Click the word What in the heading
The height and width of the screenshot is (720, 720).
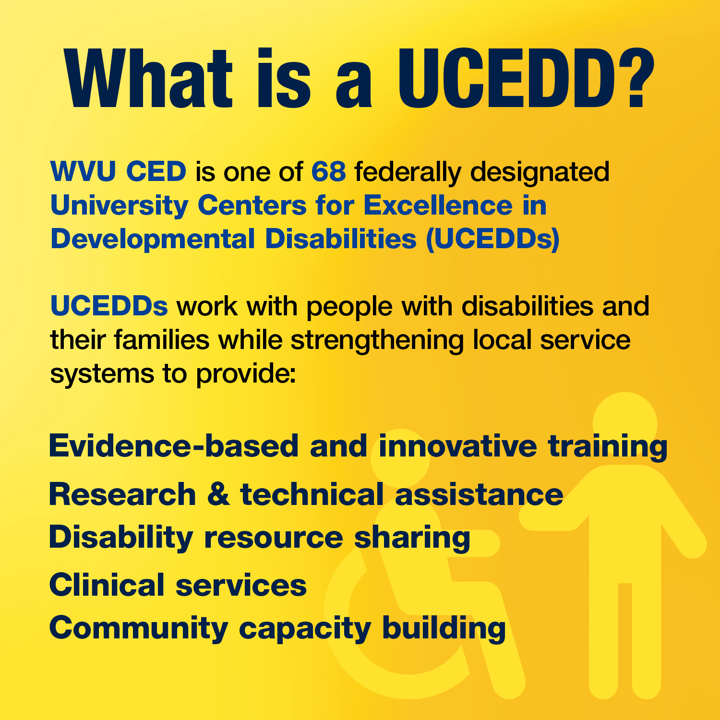point(149,79)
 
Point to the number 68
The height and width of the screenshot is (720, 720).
point(328,171)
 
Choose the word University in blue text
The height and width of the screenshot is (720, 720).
point(119,205)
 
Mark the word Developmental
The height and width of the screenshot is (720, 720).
point(153,239)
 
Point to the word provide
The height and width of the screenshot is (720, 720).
point(245,374)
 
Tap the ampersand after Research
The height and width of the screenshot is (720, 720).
point(218,494)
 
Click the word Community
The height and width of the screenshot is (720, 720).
point(139,628)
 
